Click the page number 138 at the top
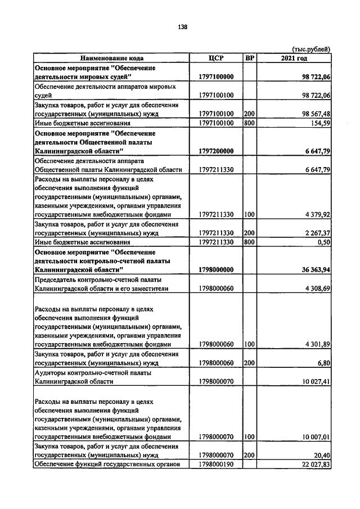(182, 27)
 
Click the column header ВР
(250, 58)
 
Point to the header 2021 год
(294, 58)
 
